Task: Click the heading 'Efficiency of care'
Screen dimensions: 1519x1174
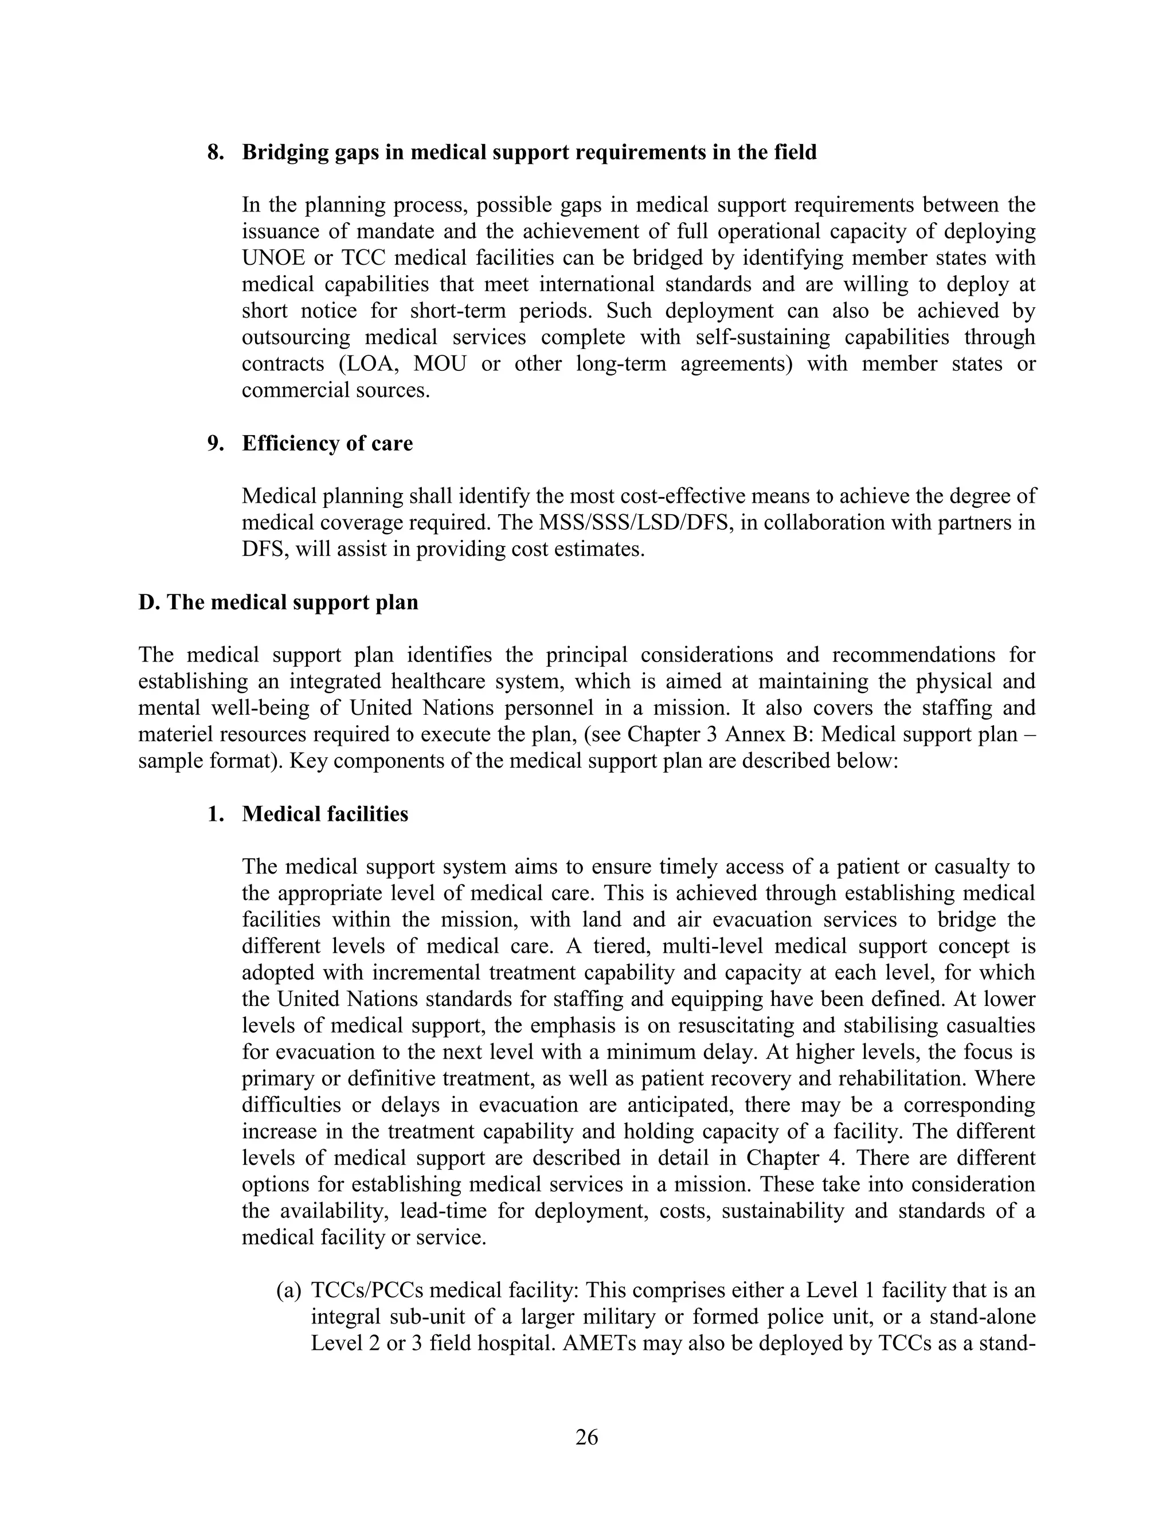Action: pyautogui.click(x=327, y=443)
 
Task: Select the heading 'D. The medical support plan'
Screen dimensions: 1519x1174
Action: pyautogui.click(x=278, y=602)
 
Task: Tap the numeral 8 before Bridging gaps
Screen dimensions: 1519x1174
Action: pyautogui.click(x=214, y=152)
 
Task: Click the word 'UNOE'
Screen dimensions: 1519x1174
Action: pyautogui.click(x=271, y=258)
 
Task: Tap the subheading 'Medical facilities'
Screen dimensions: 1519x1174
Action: pyautogui.click(x=325, y=814)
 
